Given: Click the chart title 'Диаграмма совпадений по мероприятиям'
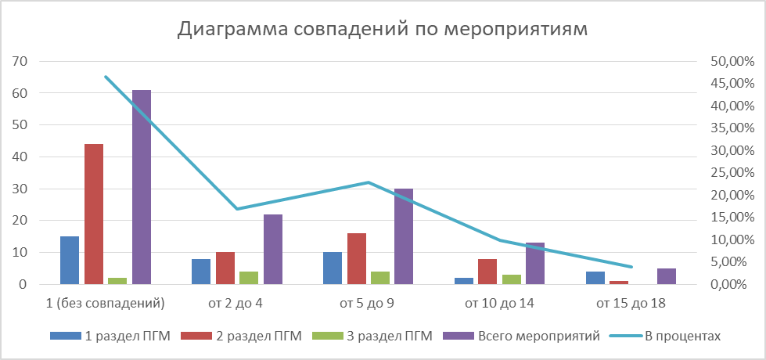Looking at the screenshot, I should coord(383,29).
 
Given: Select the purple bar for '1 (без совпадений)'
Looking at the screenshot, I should coord(142,187).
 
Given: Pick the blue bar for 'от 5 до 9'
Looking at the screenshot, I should coord(333,268).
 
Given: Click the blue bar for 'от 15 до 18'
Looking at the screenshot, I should coord(595,278).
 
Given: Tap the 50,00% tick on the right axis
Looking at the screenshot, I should coord(731,61).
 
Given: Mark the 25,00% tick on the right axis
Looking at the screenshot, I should coord(731,173).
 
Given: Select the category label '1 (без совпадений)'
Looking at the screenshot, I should coord(106,302).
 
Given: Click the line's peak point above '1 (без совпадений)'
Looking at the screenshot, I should coord(106,76).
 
